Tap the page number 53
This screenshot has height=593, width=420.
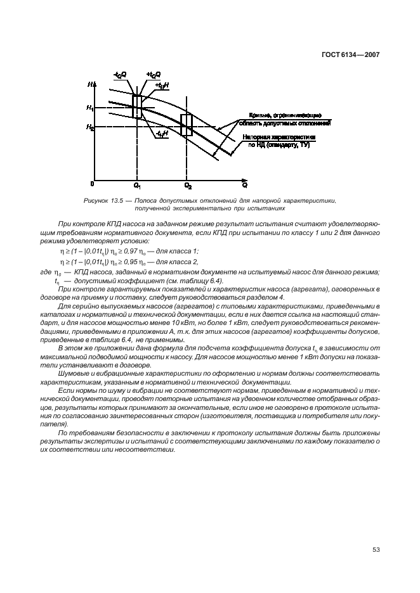[375, 549]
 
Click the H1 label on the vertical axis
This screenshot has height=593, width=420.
[90, 108]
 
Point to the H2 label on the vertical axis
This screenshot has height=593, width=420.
[90, 127]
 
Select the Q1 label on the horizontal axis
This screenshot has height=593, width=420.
[137, 186]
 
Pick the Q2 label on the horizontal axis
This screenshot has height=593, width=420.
[188, 186]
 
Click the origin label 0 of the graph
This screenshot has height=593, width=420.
[92, 184]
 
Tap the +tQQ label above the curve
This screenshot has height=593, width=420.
[153, 75]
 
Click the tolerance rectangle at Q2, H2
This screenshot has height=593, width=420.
[187, 125]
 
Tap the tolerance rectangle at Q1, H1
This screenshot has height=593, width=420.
[137, 107]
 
